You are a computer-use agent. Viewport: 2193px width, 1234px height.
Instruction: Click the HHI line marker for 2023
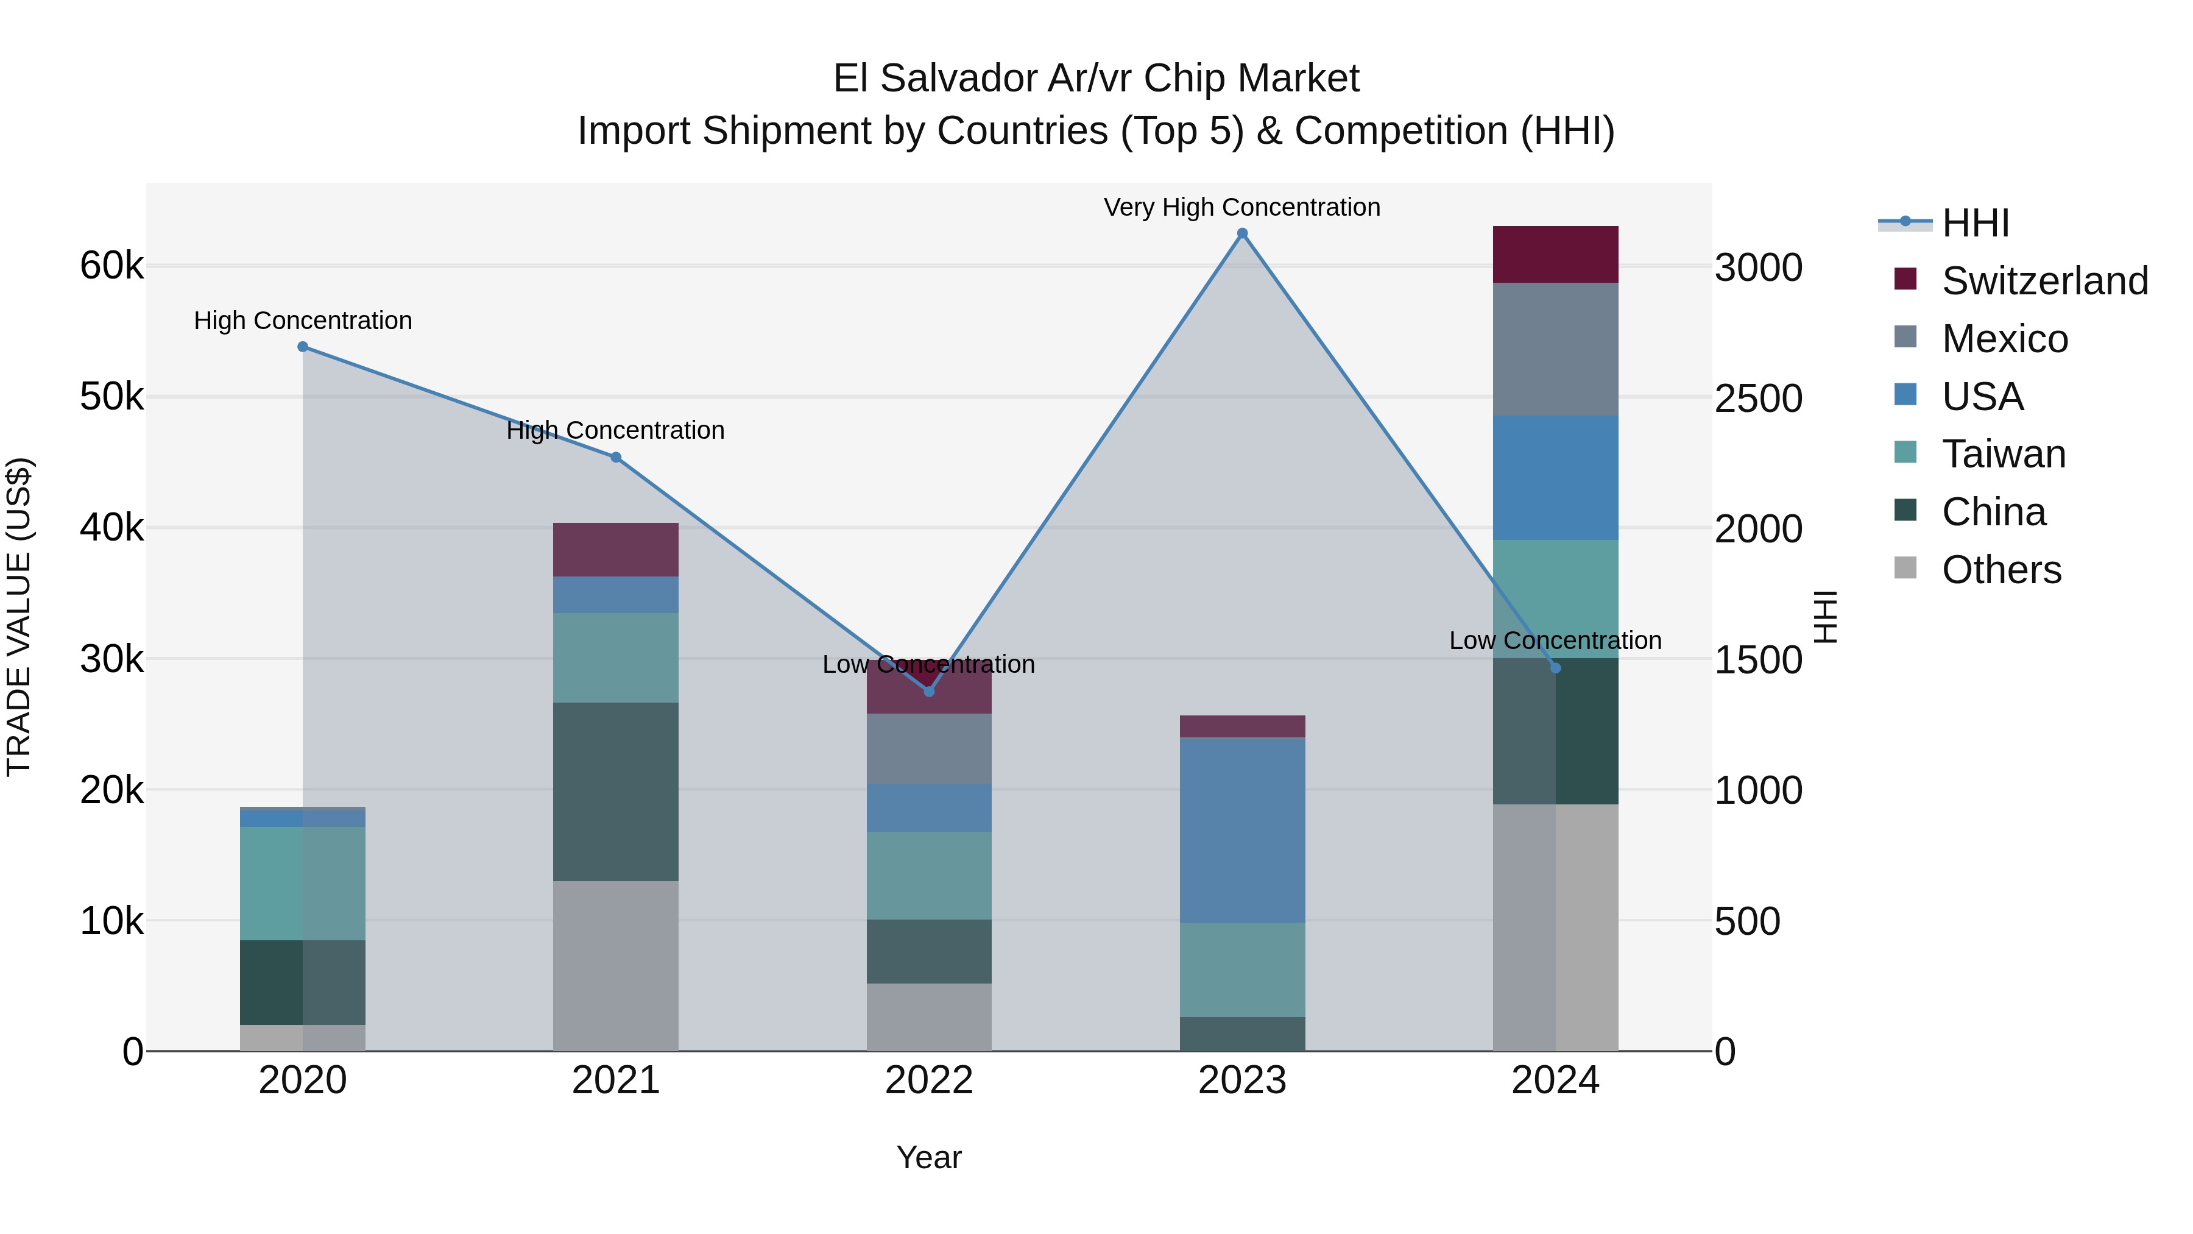(x=1242, y=233)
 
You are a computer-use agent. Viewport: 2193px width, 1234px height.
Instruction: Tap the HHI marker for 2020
(x=303, y=347)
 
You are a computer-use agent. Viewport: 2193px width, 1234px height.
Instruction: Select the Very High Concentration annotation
(x=1241, y=208)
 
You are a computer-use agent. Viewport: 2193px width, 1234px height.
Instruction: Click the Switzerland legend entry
(x=2044, y=281)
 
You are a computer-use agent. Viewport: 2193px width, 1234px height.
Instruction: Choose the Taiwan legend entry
(x=2003, y=454)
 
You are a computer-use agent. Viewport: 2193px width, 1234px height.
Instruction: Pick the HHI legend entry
(x=1975, y=223)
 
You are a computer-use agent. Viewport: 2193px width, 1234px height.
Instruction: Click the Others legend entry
(x=2001, y=570)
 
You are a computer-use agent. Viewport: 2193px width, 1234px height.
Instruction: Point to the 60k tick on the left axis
(x=111, y=266)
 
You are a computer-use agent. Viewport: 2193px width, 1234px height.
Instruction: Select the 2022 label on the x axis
(x=929, y=1080)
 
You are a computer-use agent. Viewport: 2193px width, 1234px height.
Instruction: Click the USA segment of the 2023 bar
(x=1242, y=831)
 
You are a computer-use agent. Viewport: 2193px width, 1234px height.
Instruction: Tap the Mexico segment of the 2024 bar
(x=1555, y=349)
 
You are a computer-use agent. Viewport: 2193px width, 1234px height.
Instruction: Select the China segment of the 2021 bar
(x=615, y=792)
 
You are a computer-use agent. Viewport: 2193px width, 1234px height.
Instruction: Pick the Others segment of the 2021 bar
(x=615, y=966)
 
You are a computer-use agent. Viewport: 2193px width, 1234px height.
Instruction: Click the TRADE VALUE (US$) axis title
(x=19, y=617)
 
